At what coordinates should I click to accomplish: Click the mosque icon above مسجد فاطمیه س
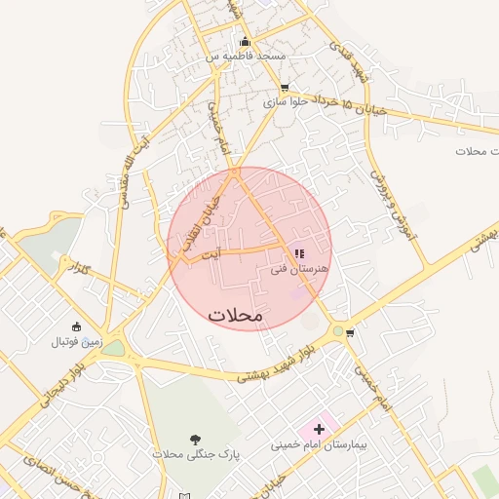pos(245,42)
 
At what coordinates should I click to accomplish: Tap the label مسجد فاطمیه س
pos(245,57)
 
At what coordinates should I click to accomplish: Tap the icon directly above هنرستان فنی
pos(298,253)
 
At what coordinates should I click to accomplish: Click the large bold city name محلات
pos(236,316)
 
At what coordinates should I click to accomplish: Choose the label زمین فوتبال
pos(77,342)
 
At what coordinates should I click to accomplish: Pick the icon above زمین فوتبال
pos(77,326)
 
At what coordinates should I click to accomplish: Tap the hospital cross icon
pos(319,429)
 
